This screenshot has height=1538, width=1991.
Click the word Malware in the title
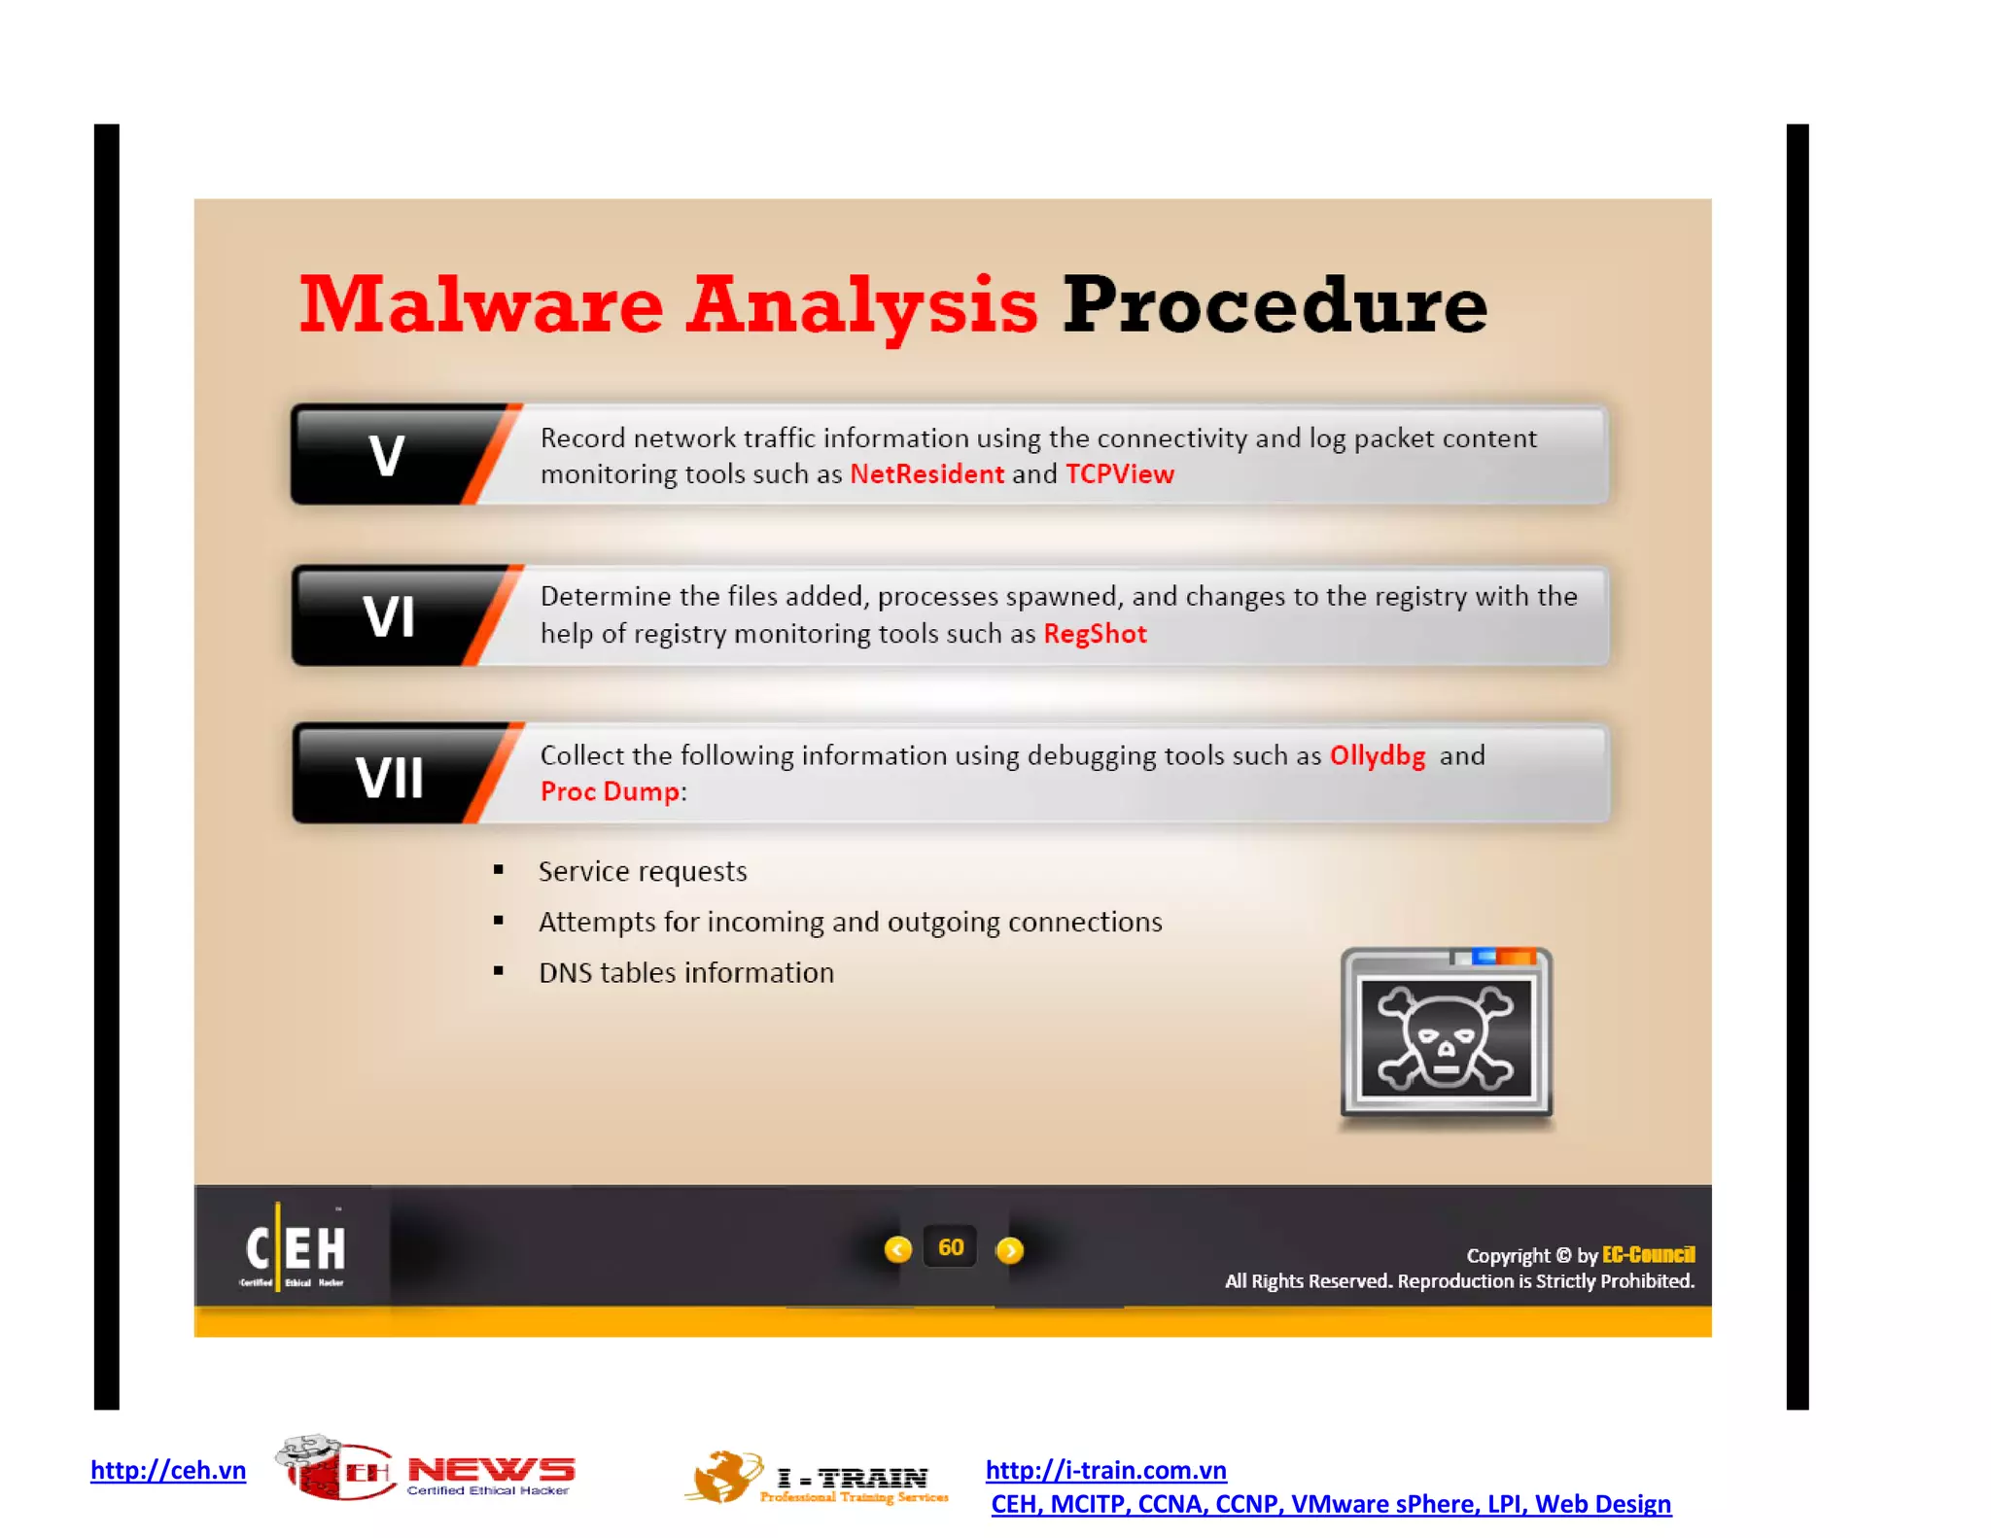point(481,305)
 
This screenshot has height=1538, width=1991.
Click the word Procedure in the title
point(1275,305)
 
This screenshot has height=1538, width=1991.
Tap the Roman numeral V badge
point(387,455)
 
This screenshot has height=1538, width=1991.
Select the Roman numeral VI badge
point(389,616)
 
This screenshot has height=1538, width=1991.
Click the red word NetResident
point(926,474)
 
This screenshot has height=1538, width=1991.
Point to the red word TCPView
point(1120,474)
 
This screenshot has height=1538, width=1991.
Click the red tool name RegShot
point(1095,634)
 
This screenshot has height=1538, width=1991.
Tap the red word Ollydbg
point(1378,755)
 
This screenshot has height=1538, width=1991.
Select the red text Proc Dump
point(610,791)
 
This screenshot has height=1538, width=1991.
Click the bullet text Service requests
point(643,871)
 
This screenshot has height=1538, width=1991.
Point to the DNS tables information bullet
point(686,973)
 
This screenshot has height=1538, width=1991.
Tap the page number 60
point(951,1248)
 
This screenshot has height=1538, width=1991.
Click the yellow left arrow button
point(898,1249)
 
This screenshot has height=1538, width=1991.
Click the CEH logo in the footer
point(295,1248)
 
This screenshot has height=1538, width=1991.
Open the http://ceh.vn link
point(168,1470)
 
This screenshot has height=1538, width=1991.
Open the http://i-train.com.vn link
point(1105,1470)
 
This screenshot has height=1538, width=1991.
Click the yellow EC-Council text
point(1648,1255)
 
